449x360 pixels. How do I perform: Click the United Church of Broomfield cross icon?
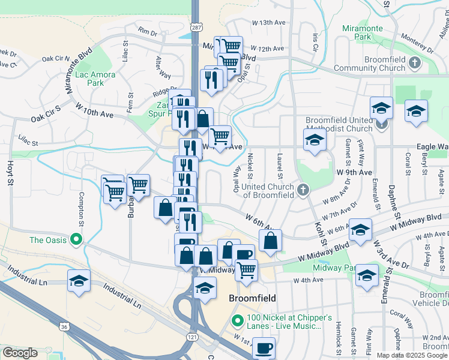click(x=303, y=190)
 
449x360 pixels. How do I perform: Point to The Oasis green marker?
click(x=76, y=239)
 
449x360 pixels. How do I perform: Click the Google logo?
click(x=19, y=353)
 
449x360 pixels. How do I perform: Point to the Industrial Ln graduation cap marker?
click(x=79, y=281)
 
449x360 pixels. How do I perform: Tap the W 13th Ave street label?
click(x=268, y=22)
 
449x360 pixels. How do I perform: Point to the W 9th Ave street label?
click(x=351, y=172)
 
